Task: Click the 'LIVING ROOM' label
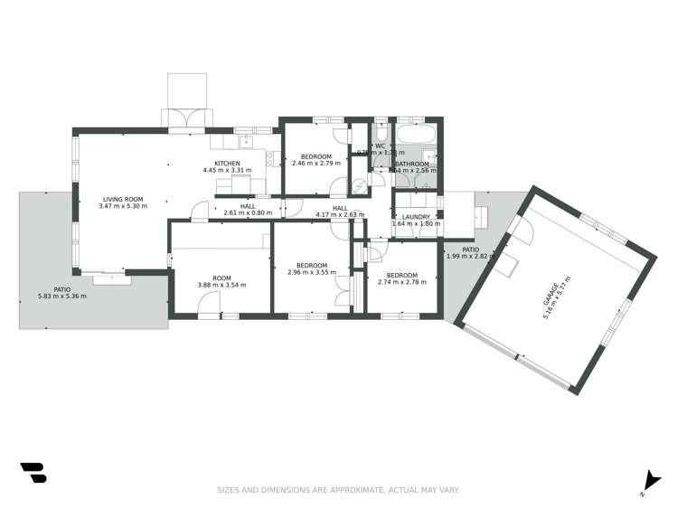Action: click(x=123, y=199)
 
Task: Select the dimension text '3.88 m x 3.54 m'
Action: click(x=221, y=285)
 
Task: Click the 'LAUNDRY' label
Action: click(x=416, y=217)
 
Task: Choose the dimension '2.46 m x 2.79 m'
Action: click(x=315, y=164)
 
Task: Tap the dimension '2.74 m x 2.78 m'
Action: click(x=402, y=282)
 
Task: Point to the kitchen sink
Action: click(x=244, y=140)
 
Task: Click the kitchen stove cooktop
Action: click(x=269, y=160)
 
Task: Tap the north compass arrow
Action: click(x=647, y=483)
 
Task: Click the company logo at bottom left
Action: click(x=33, y=473)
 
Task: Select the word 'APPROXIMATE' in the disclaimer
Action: click(x=352, y=490)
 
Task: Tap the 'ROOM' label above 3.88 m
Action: click(x=221, y=278)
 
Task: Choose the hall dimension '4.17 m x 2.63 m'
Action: click(x=340, y=214)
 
